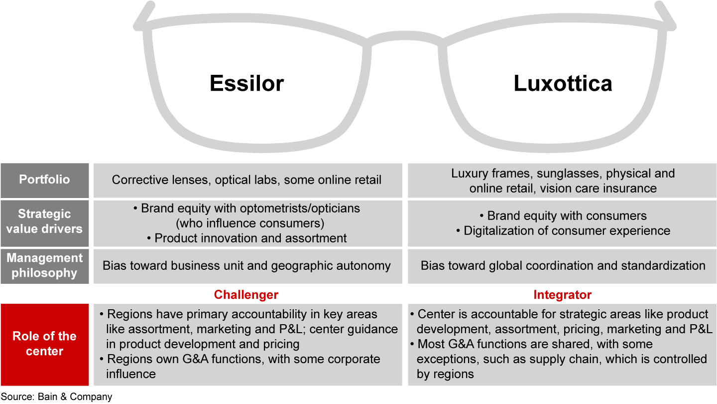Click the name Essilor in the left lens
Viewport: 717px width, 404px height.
click(x=246, y=83)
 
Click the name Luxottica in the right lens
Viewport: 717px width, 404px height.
click(x=563, y=83)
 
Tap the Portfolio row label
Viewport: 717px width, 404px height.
click(x=44, y=180)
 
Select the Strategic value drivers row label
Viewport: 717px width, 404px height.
click(x=44, y=222)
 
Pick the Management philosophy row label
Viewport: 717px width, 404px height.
click(x=44, y=265)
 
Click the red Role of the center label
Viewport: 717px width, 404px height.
click(x=44, y=344)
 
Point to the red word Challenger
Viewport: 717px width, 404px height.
click(x=246, y=295)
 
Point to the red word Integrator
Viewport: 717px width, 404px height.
click(x=562, y=295)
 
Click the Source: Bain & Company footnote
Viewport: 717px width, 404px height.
click(x=56, y=397)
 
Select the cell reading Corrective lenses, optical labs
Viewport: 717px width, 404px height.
click(x=246, y=180)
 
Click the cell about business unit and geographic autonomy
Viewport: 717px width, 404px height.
click(x=246, y=266)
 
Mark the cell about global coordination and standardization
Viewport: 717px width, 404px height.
click(x=563, y=266)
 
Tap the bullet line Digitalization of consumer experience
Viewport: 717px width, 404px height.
click(x=563, y=231)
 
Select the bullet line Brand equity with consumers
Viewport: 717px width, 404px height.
click(x=563, y=216)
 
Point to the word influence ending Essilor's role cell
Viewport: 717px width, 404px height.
click(x=131, y=374)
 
